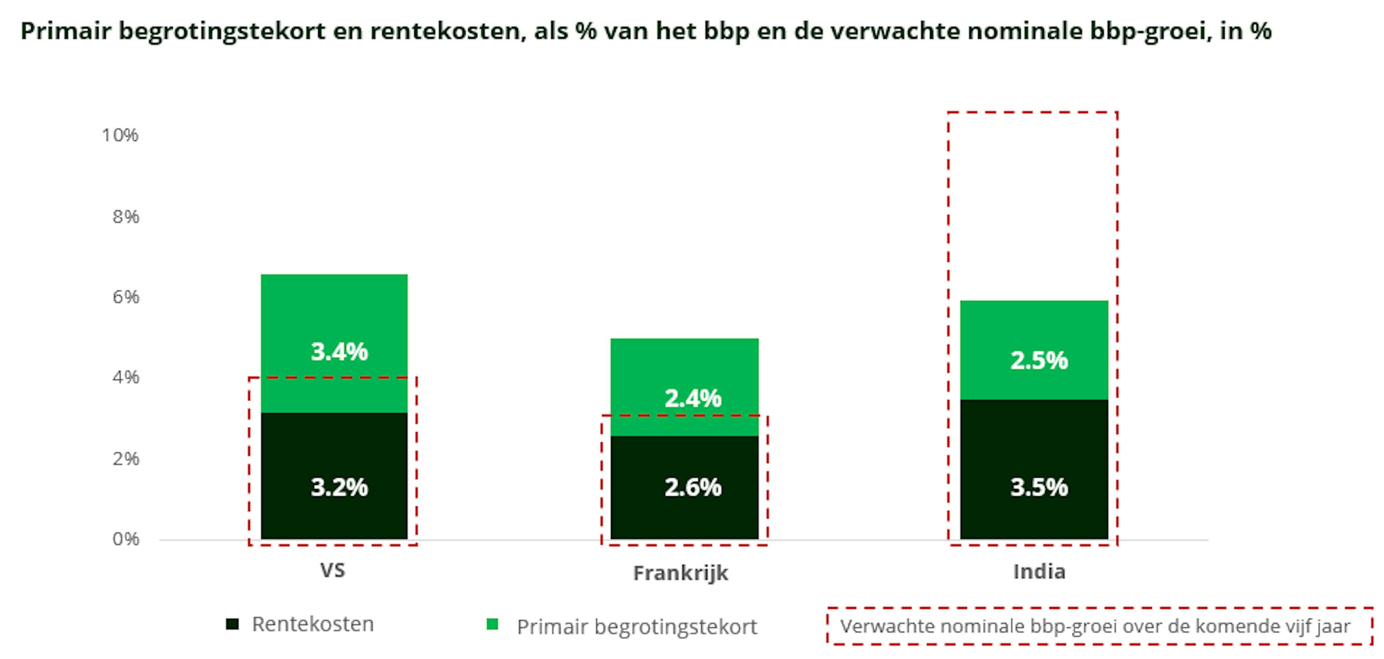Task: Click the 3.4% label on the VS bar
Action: click(x=339, y=352)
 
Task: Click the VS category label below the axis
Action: click(x=333, y=570)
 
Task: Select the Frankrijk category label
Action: click(x=680, y=573)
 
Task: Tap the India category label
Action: click(x=1038, y=571)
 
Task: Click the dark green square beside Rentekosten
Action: click(x=232, y=624)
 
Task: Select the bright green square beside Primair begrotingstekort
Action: click(x=492, y=624)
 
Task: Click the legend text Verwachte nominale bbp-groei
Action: click(x=1095, y=626)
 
